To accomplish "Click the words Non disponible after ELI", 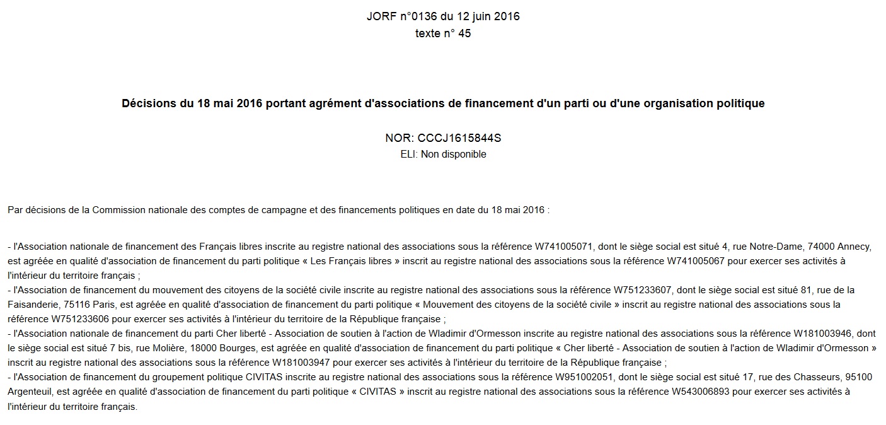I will click(454, 154).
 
